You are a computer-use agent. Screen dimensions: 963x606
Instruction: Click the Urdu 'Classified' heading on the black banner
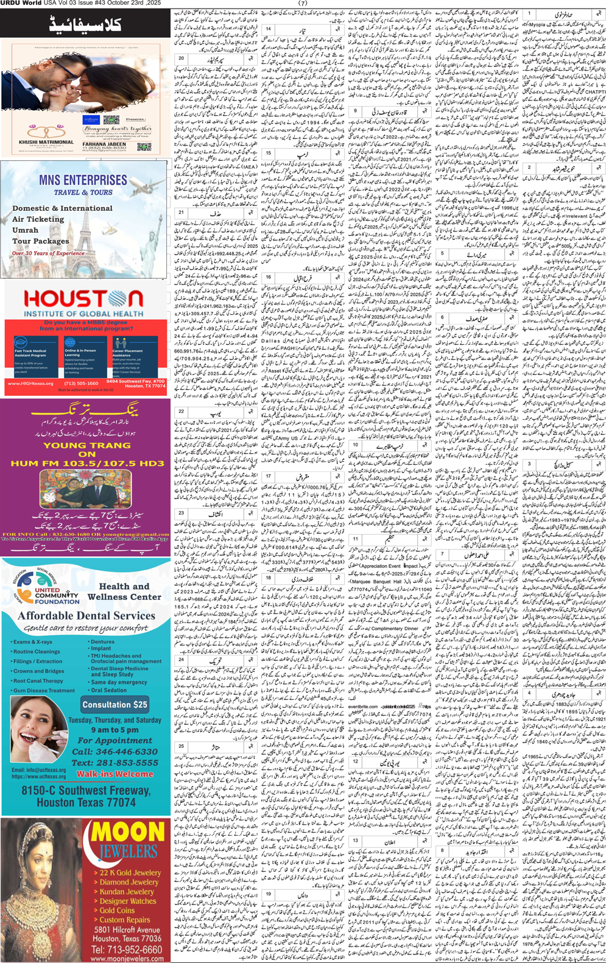coord(85,26)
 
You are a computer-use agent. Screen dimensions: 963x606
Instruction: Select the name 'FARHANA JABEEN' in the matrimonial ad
coord(105,144)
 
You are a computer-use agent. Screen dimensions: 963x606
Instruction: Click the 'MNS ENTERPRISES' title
coord(83,180)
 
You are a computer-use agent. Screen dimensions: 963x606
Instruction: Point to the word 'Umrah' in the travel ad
coord(25,230)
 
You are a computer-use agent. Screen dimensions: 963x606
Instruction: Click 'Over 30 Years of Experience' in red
coord(49,253)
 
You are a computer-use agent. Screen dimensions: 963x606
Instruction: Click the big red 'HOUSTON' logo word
coord(83,299)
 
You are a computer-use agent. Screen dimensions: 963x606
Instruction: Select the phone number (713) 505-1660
coord(81,384)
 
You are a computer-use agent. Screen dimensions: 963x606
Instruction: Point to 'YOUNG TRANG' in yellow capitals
coord(86,445)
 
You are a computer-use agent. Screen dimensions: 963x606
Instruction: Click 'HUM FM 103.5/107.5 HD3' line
coord(87,464)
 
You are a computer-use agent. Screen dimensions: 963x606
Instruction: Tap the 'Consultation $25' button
coord(115,705)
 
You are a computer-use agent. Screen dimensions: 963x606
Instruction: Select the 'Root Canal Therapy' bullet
coord(38,681)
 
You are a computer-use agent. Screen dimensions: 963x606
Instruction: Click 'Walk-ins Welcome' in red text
coord(115,774)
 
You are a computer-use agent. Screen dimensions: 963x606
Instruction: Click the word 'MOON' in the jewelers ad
coord(127,833)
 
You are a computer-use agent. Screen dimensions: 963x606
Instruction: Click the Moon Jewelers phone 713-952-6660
coord(127,950)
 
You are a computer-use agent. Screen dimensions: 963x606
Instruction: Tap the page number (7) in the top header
coord(303,3)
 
